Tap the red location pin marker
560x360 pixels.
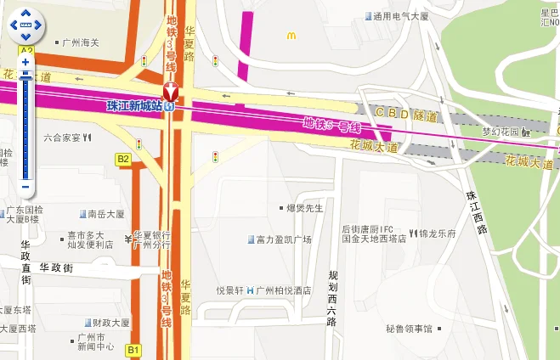click(x=171, y=92)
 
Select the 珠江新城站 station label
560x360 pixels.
click(x=136, y=106)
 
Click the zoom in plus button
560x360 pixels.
click(x=25, y=62)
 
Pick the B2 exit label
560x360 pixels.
click(x=123, y=159)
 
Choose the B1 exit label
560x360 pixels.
click(x=133, y=349)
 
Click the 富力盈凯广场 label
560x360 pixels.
click(x=280, y=239)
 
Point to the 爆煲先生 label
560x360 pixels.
click(x=301, y=207)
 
